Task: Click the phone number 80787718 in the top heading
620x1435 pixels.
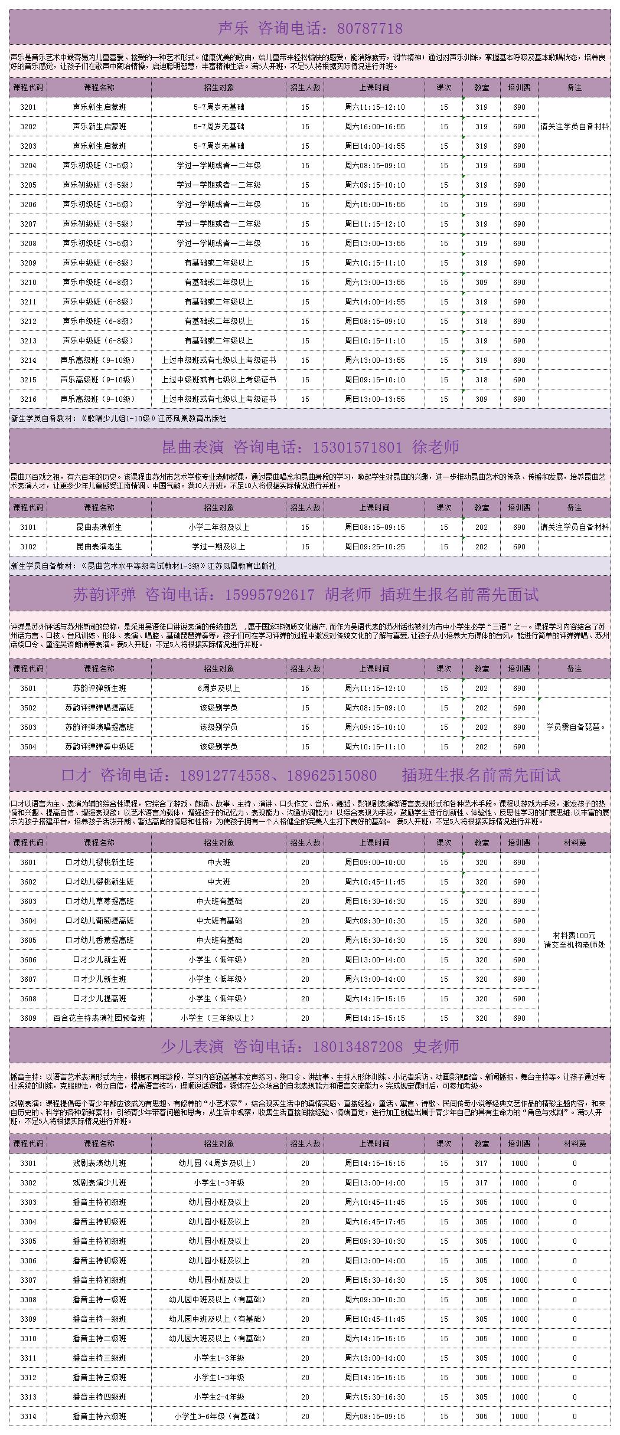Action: coord(370,28)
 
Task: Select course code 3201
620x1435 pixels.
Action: coord(28,107)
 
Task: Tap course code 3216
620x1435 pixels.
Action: coord(28,399)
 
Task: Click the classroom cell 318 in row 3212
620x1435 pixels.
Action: coord(481,322)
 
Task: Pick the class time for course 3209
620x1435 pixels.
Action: coord(375,263)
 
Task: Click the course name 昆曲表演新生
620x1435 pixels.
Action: coord(99,528)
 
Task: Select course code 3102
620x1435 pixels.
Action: coord(28,547)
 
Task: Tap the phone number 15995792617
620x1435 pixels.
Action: coord(269,595)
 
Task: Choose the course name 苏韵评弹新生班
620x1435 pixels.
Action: coord(99,689)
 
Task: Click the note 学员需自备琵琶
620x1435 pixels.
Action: coord(575,728)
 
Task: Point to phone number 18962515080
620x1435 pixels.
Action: coord(332,775)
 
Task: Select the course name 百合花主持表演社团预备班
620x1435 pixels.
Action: coord(99,1018)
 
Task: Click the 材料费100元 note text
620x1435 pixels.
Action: coord(575,936)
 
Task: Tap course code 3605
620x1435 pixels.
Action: coord(28,941)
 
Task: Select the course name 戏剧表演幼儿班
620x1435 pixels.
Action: coord(99,1164)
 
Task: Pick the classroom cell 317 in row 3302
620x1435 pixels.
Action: coord(481,1183)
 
